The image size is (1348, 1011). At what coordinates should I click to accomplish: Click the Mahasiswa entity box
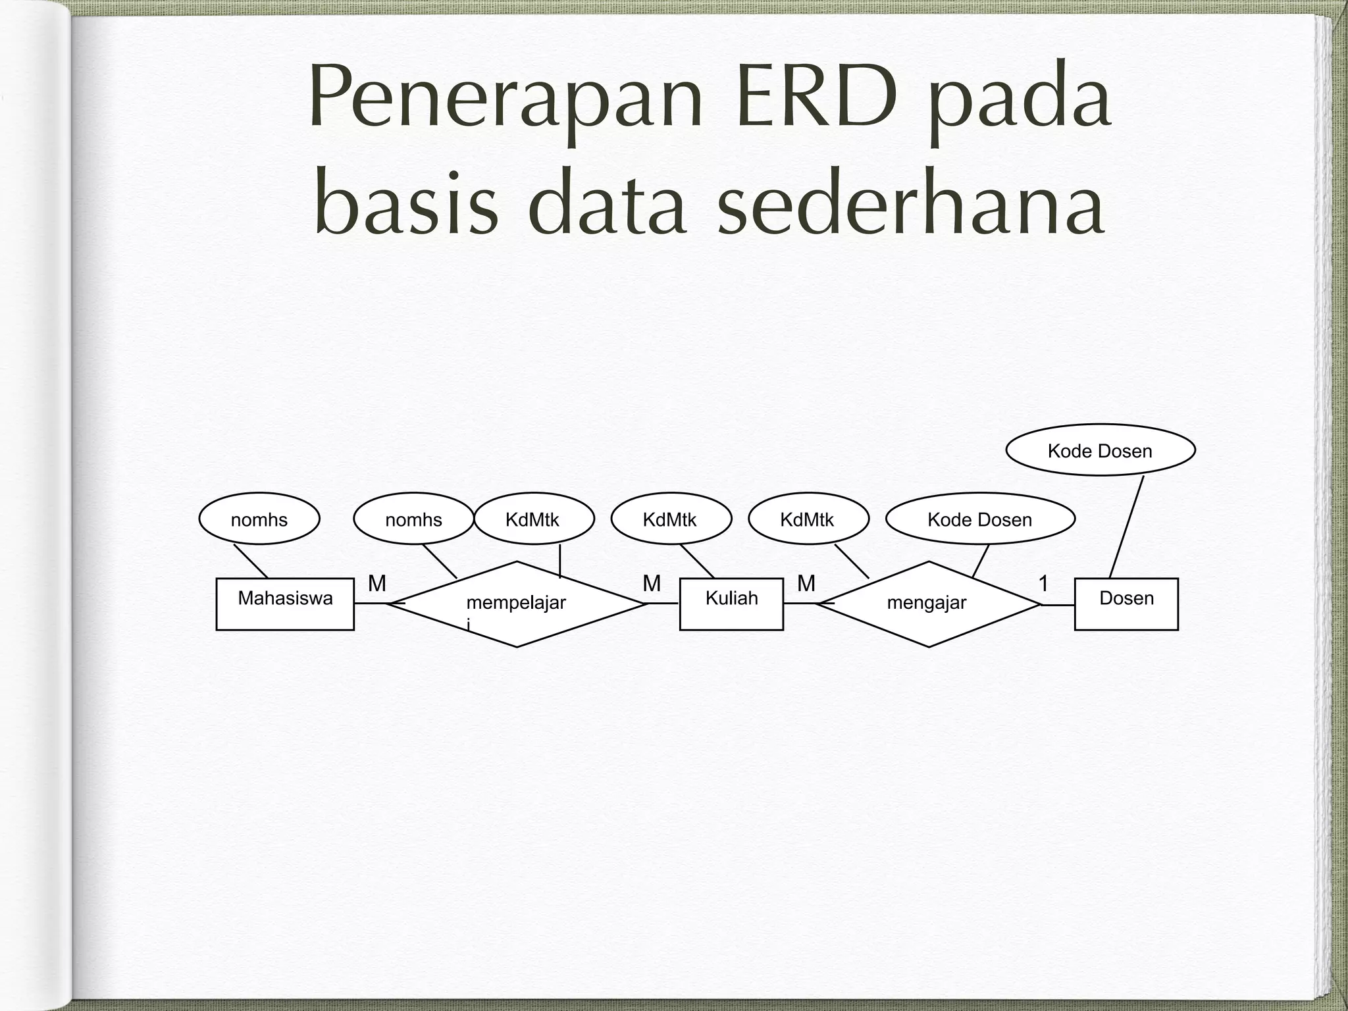tap(285, 604)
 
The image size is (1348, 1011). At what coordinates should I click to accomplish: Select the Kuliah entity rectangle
tap(731, 604)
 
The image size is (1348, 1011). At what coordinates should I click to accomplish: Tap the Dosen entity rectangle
tap(1126, 604)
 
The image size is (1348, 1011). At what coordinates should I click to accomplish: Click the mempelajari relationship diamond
tap(517, 604)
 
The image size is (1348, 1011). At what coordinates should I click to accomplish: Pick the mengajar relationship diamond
tap(927, 604)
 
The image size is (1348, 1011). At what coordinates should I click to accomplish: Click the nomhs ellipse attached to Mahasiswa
tap(259, 519)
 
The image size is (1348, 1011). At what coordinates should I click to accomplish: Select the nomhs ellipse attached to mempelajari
tap(413, 519)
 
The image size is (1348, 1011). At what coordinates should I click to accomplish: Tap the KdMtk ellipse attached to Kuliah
tap(671, 519)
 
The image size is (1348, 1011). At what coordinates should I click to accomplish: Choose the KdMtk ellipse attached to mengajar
tap(808, 519)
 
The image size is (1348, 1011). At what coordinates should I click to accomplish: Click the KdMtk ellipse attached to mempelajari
tap(533, 519)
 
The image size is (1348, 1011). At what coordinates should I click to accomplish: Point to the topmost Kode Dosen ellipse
tap(1100, 450)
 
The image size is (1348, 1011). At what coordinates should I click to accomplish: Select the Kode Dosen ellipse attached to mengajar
tap(980, 519)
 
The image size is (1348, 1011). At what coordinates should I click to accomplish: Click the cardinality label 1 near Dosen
tap(1043, 583)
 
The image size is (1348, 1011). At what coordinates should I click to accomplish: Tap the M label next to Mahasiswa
tap(377, 583)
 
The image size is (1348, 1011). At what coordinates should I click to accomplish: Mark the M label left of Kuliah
tap(652, 583)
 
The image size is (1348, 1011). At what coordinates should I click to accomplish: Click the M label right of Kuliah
tap(806, 583)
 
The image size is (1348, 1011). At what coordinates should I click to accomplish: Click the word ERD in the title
tap(817, 97)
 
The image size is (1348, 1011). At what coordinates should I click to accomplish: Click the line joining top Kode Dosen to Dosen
tap(1127, 527)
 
